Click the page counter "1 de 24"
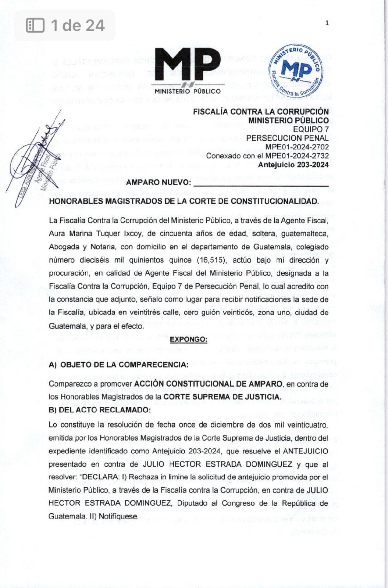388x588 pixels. (x=78, y=25)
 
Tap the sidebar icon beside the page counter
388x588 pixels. (x=35, y=25)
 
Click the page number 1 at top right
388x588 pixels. (x=327, y=23)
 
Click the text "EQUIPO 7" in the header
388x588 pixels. (x=311, y=129)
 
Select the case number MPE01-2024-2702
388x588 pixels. (x=297, y=147)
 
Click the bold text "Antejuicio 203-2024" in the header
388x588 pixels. (x=293, y=165)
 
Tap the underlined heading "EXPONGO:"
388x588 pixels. (x=188, y=339)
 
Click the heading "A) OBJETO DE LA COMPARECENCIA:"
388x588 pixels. (x=118, y=365)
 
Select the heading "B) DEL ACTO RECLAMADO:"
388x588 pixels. (x=99, y=410)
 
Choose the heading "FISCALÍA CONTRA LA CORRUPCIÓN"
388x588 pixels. (x=261, y=112)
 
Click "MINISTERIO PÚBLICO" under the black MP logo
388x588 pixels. (x=188, y=91)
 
